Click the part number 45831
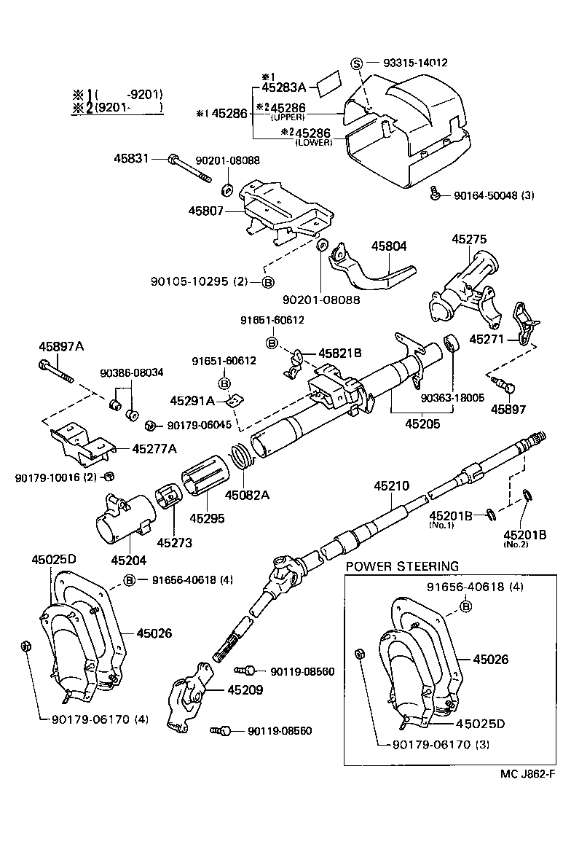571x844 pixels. tap(132, 157)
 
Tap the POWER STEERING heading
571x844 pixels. tap(402, 566)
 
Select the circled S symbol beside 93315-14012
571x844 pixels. tap(357, 63)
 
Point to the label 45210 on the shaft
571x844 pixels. tap(392, 485)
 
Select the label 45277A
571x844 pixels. tap(154, 449)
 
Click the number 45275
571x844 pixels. tap(470, 239)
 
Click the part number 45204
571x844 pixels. tap(129, 560)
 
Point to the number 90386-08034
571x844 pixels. tap(131, 372)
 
